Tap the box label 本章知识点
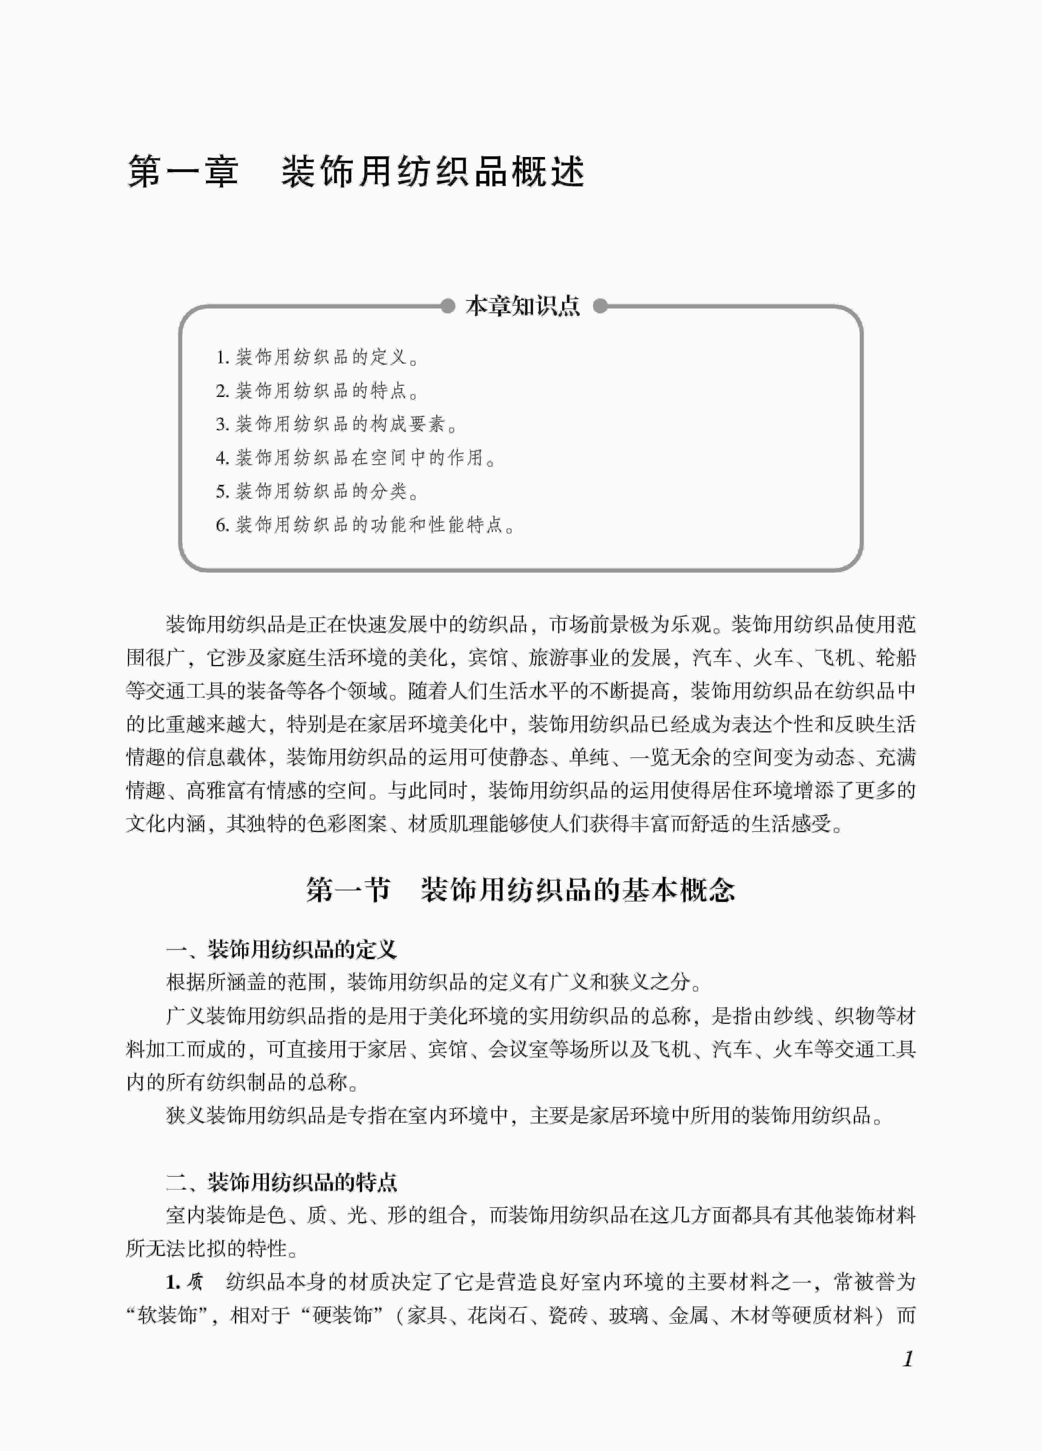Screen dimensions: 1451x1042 pos(522,306)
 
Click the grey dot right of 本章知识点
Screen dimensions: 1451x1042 pos(600,306)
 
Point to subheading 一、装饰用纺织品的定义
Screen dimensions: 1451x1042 pos(282,949)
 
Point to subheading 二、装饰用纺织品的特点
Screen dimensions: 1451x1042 pos(282,1182)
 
